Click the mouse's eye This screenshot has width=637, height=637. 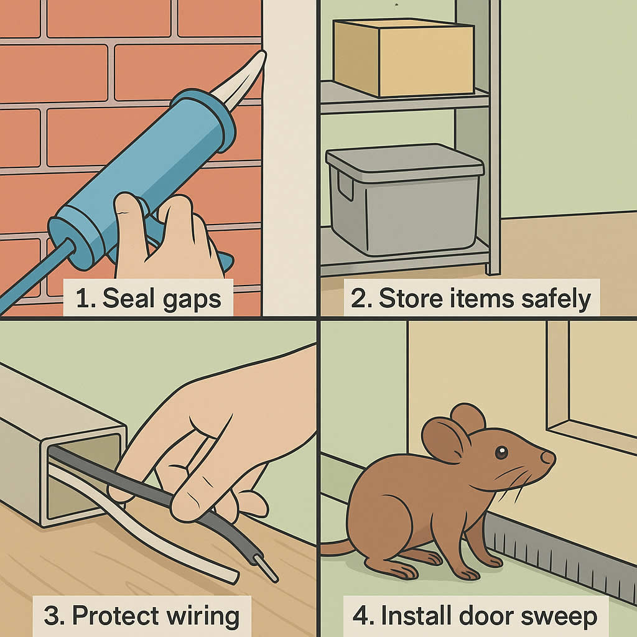tap(501, 452)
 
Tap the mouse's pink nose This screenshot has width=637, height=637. tap(548, 458)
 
